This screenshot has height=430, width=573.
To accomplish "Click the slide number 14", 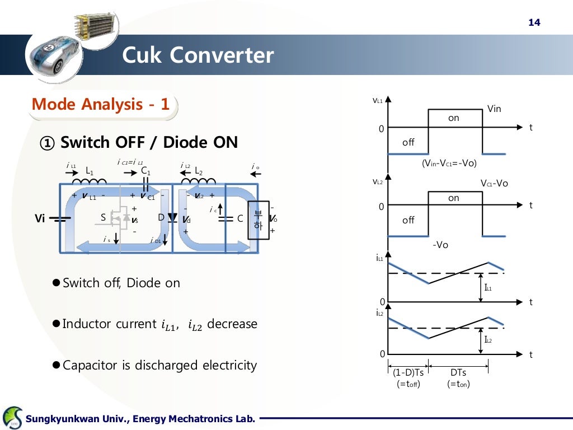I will pos(534,22).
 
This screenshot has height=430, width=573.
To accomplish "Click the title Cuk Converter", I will pos(198,55).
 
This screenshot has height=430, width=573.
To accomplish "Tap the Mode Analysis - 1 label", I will pos(100,104).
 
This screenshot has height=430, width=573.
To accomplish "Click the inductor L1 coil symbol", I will pos(90,181).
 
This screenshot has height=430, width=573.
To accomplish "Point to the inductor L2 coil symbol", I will pos(198,181).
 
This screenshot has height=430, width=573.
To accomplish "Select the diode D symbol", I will pos(173,218).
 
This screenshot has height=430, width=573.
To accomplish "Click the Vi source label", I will pos(40,218).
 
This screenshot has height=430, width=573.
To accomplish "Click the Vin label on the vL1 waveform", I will pos(494,109).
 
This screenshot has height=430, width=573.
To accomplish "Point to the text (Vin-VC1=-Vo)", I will pos(448,163).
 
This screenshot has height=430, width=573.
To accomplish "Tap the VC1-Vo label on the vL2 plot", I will pos(494,184).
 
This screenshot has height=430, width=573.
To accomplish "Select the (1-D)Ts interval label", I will pos(408,372).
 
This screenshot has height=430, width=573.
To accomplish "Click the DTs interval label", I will pos(458,372).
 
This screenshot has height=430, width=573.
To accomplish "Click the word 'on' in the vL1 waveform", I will pos(454,118).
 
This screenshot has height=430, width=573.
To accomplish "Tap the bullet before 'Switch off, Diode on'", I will pos(55,283).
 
